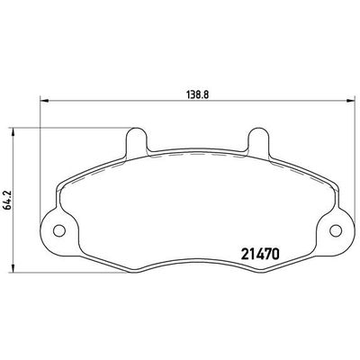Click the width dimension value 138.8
pos(189,90)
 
